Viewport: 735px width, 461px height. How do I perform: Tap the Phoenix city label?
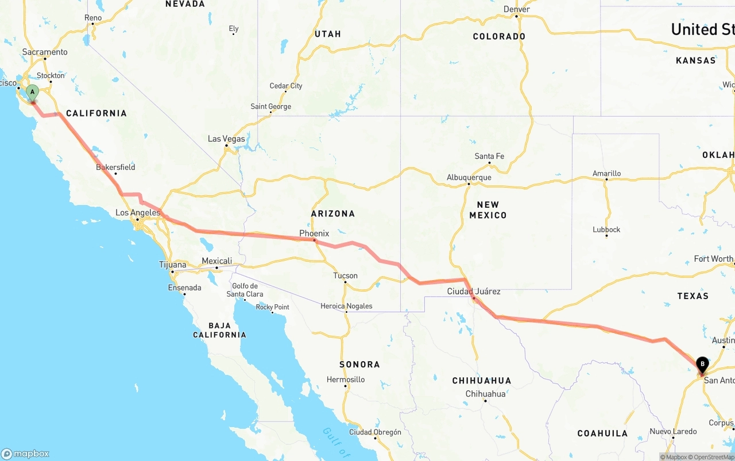[314, 233]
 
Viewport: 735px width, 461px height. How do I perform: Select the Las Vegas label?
[226, 138]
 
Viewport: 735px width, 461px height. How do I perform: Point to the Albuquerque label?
[469, 177]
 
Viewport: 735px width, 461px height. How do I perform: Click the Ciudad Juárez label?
[474, 291]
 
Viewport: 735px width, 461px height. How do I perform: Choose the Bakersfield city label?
[115, 167]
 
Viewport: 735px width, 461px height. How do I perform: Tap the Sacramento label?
[45, 52]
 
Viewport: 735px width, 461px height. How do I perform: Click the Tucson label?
[345, 276]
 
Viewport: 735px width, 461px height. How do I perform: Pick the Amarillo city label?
[606, 173]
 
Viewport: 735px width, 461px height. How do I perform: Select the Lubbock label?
[606, 229]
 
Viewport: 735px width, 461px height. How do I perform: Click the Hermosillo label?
[346, 379]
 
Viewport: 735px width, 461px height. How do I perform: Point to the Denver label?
[516, 9]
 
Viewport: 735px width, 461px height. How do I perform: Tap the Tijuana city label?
[172, 265]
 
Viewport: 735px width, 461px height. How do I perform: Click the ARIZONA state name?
[333, 214]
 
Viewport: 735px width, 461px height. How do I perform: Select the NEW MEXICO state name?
[488, 210]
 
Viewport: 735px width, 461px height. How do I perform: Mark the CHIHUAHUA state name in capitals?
[481, 381]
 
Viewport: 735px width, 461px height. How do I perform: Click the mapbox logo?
[25, 454]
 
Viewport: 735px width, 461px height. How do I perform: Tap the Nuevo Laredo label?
[673, 431]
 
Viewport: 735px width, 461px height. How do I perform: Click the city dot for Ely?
[233, 34]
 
